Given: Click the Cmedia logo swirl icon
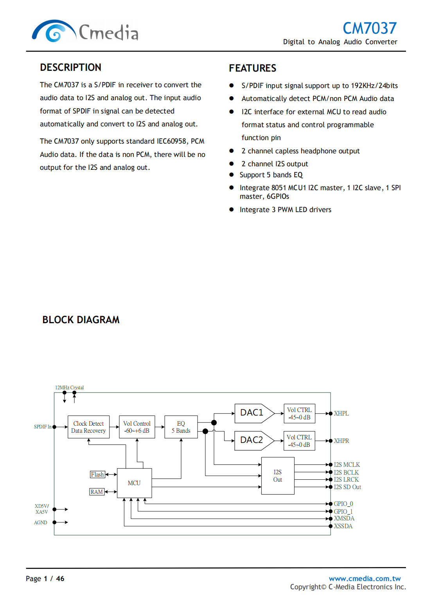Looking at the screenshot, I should (x=54, y=31).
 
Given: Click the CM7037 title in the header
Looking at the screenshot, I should (x=369, y=28).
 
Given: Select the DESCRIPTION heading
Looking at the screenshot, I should (x=70, y=67).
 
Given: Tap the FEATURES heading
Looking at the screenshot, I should (x=252, y=68).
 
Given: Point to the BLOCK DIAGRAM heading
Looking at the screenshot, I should (x=81, y=320).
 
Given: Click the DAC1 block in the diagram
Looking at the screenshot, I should (x=252, y=413).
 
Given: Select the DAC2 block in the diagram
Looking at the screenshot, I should (x=252, y=440).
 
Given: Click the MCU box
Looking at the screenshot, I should (x=134, y=483).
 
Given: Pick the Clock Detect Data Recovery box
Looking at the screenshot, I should (x=88, y=427).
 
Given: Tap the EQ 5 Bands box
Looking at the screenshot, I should (x=181, y=427).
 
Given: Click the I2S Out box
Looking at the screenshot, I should (x=278, y=476).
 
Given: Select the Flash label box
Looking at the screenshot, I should (x=97, y=474).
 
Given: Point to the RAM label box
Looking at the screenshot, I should (x=97, y=492).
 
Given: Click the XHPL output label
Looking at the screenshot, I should (x=341, y=414).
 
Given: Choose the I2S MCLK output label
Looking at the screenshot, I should (x=347, y=464).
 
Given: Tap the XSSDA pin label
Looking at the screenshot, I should (x=343, y=526).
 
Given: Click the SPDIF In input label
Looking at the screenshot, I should (x=42, y=426).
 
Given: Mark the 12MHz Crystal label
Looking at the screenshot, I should (x=69, y=387).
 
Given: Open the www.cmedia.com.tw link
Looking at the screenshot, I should (x=365, y=578).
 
